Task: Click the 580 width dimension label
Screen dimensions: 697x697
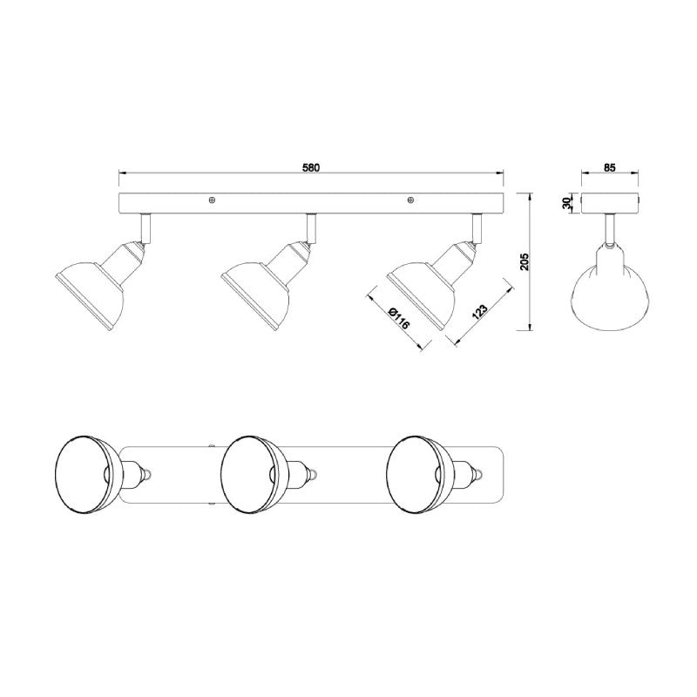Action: (x=311, y=167)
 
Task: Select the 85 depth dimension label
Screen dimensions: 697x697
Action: (x=610, y=167)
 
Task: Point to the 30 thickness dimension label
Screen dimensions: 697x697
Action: (x=566, y=203)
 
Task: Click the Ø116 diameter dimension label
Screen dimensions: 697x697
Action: (x=398, y=317)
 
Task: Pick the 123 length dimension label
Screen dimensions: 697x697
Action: (x=480, y=312)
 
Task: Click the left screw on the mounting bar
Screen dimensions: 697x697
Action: (x=212, y=200)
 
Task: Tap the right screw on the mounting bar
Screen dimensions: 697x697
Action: (x=410, y=200)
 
